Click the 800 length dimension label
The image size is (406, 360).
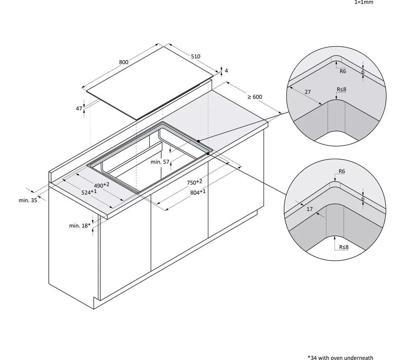tap(124, 62)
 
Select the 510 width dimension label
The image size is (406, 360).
tap(196, 56)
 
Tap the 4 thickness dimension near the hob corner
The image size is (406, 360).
tap(226, 71)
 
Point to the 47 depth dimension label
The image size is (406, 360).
tap(79, 109)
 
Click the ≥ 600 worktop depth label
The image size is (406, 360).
tap(255, 97)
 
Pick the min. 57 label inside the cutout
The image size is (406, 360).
tap(160, 162)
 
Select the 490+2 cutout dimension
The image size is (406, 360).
tap(101, 185)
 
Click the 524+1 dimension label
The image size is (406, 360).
tap(89, 192)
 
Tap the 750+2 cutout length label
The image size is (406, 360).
tap(194, 182)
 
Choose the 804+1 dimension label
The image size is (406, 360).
tap(198, 192)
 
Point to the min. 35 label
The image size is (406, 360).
tap(28, 200)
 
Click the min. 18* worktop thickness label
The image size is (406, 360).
tap(80, 226)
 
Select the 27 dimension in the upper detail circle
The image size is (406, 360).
tap(308, 92)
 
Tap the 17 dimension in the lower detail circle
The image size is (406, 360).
tap(310, 209)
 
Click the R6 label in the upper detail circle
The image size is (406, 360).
tap(343, 71)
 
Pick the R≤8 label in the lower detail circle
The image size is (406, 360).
tap(344, 247)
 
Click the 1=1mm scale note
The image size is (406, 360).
tap(364, 2)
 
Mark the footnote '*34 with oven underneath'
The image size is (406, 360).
tap(340, 358)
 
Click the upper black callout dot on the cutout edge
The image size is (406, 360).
tap(199, 141)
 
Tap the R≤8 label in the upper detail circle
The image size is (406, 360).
tap(341, 89)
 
